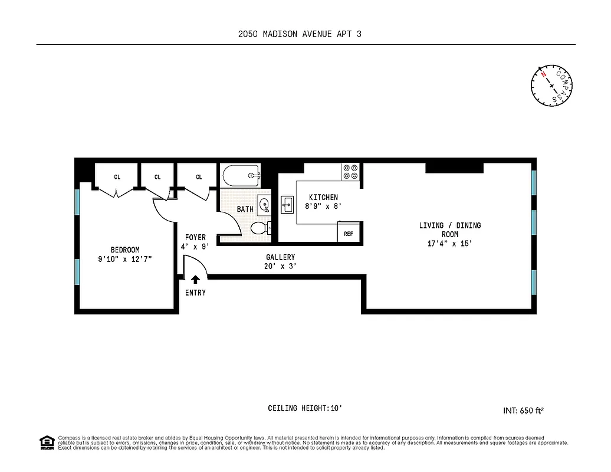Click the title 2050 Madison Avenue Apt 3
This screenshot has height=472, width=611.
(300, 34)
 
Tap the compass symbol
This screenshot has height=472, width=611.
(551, 86)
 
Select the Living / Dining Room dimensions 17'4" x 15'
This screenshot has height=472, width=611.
(449, 244)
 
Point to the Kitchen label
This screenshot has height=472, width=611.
(323, 197)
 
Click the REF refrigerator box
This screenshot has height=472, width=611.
(348, 233)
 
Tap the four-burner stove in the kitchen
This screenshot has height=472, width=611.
(350, 172)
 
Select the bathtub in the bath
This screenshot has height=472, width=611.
(241, 175)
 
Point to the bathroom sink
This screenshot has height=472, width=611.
(264, 206)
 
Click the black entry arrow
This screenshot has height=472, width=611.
(195, 280)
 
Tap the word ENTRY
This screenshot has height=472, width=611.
(195, 293)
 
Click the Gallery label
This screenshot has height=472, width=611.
(280, 257)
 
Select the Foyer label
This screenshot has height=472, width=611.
(195, 238)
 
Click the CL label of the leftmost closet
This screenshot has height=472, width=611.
(117, 176)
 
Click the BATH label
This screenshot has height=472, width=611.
(245, 209)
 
